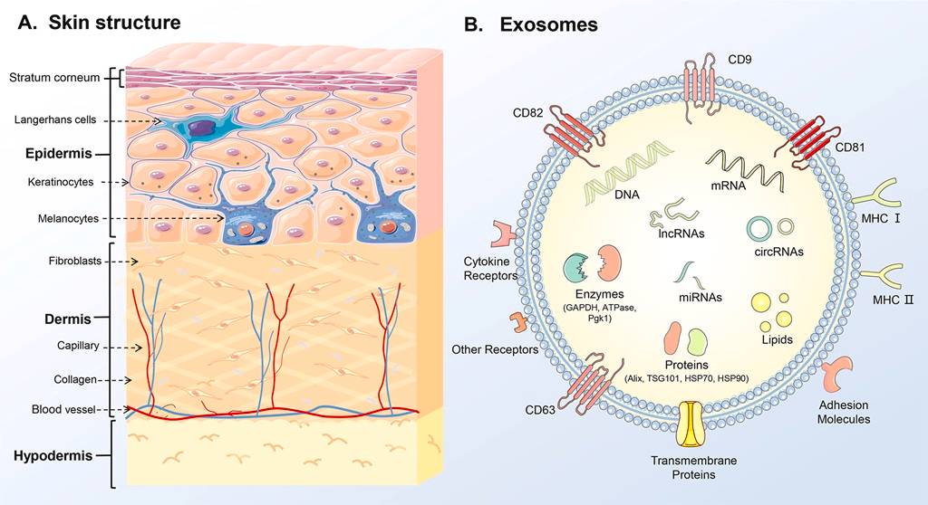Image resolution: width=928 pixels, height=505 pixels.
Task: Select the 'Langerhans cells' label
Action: (x=55, y=119)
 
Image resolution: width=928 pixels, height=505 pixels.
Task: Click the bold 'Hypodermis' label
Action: (x=53, y=456)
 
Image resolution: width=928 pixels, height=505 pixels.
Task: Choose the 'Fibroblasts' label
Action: (x=62, y=262)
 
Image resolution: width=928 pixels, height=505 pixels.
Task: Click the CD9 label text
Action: (x=741, y=62)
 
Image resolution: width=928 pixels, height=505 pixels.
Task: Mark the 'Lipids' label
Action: (x=778, y=340)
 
